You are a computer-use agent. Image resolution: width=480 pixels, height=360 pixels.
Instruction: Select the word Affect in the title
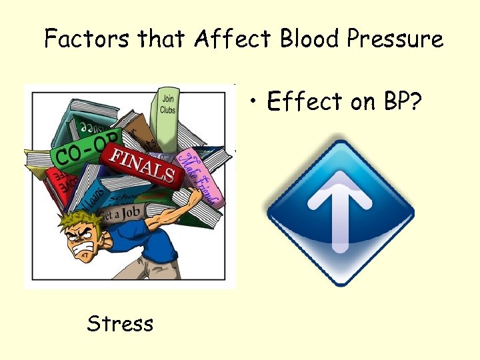233,39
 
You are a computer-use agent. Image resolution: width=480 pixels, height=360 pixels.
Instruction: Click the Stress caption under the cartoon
120,324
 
